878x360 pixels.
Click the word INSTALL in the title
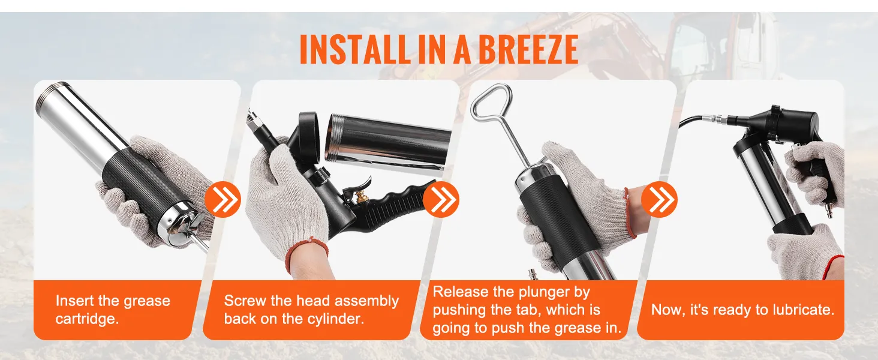(354, 49)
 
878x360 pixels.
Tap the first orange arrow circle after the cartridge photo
(222, 200)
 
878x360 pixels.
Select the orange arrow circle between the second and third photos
(441, 200)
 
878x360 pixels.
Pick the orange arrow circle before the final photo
(659, 200)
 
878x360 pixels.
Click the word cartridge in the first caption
(87, 319)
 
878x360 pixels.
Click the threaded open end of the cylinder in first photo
(48, 98)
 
